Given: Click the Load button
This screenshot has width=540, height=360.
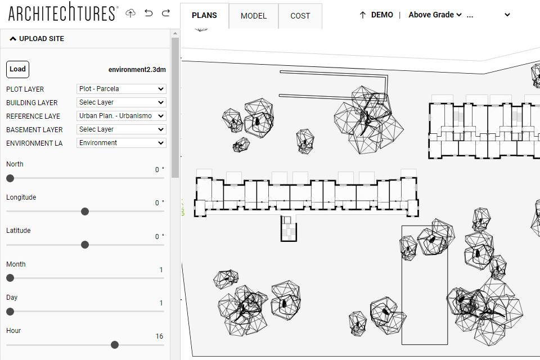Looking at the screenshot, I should (17, 69).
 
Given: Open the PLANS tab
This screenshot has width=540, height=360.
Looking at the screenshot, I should (204, 15).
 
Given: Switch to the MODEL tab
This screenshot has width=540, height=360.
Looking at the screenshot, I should (253, 16).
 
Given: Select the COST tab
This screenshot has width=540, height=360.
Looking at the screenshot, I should (300, 16).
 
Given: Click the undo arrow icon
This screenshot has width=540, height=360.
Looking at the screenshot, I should (148, 13).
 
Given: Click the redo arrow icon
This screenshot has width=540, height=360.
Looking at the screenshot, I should (165, 13).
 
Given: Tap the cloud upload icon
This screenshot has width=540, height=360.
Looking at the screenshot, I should (130, 13).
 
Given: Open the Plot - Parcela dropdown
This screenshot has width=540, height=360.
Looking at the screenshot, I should (121, 89).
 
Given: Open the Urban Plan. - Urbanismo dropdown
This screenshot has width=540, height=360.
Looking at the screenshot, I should (121, 116).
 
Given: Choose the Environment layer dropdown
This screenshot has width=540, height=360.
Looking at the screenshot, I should (121, 143).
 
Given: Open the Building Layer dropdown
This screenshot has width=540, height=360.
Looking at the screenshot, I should (121, 102).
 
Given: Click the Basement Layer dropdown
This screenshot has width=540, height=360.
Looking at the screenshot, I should (121, 129).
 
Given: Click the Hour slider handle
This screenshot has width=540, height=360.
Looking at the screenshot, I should (115, 345).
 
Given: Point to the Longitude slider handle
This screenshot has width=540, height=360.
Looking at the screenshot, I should (85, 211).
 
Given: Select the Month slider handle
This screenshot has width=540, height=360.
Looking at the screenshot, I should (10, 278).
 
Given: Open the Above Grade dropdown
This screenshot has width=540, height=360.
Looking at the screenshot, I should (435, 15).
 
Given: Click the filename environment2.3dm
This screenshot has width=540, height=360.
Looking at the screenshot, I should (137, 70).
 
